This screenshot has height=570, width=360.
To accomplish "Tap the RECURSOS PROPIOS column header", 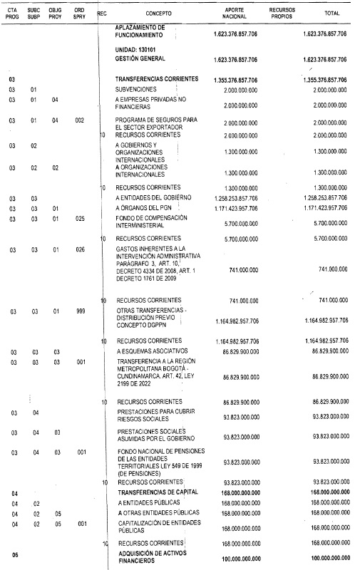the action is coord(287,14).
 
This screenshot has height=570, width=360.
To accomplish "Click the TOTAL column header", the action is coord(331,14).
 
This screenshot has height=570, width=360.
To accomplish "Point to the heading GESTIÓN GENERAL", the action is coord(140,59).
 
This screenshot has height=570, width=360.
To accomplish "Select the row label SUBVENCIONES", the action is coord(137,89).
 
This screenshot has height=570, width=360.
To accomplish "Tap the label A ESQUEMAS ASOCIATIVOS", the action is coord(148,352).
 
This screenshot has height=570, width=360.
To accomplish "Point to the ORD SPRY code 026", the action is coord(79,250).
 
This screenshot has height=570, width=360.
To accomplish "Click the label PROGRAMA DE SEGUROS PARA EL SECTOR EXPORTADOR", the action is coord(151,123).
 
